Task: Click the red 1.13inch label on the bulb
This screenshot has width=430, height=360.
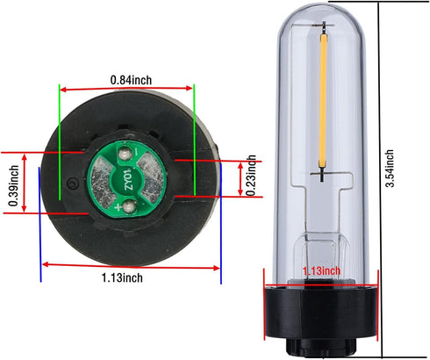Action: coord(321,272)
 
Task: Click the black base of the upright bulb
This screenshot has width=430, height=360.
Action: coord(321,316)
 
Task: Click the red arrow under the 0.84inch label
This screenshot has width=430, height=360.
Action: coord(126,89)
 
